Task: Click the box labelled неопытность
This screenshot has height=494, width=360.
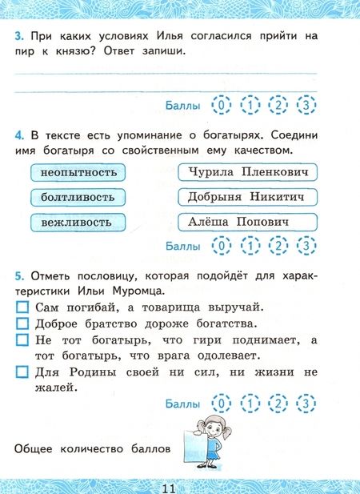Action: pos(78,172)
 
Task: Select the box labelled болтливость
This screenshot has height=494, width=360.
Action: pos(78,196)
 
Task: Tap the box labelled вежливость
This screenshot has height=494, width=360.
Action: pos(78,221)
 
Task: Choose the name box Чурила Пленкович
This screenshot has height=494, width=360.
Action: pos(247,171)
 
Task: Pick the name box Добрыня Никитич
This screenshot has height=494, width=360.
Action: pos(247,196)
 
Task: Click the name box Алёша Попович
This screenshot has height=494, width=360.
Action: pos(247,221)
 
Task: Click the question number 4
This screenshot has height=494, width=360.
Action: pos(18,134)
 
